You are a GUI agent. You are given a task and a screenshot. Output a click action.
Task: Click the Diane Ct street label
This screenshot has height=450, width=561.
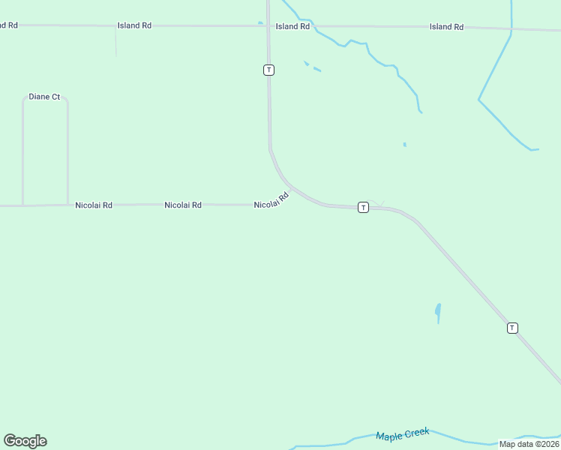point(44,97)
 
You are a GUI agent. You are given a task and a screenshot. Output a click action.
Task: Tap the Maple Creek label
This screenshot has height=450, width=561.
point(403,435)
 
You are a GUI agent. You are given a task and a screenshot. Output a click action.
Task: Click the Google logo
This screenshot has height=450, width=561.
point(25,441)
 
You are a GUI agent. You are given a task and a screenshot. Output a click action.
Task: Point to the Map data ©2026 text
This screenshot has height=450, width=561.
point(529,444)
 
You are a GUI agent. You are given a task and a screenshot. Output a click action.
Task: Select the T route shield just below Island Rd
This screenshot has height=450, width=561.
point(268,70)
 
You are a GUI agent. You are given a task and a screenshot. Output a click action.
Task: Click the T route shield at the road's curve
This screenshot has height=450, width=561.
point(363,207)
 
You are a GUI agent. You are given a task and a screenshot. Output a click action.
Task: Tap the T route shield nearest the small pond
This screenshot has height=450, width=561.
point(512,328)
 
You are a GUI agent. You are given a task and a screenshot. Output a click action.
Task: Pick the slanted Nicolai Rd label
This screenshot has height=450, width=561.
point(271,202)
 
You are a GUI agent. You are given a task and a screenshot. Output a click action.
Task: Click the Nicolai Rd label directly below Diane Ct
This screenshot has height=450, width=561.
point(94,205)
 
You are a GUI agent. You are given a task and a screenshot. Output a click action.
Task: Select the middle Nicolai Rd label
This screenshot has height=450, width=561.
point(183,205)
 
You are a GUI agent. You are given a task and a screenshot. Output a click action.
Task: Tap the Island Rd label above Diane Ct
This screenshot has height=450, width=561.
point(134,25)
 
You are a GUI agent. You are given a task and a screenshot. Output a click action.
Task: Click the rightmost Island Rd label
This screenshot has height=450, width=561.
point(446,27)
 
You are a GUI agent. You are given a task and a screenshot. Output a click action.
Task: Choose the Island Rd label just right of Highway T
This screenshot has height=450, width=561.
point(292,26)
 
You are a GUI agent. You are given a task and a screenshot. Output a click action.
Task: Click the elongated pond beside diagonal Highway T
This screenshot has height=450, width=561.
point(438,312)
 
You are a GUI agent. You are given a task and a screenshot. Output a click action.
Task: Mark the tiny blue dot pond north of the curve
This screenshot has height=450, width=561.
point(404,144)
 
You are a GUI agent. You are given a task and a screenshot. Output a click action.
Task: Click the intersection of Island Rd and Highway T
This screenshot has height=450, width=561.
point(268,26)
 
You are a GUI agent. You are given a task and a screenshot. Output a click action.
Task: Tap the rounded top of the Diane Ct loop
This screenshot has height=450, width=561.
point(45,97)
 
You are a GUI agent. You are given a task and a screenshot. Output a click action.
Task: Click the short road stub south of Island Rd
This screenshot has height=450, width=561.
point(116,42)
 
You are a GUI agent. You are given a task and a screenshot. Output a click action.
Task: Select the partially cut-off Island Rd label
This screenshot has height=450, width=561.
point(8,25)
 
